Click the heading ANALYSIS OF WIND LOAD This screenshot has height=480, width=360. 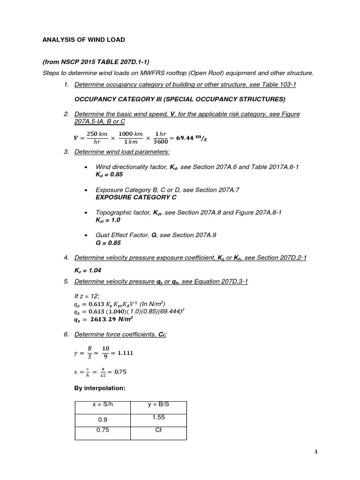84,40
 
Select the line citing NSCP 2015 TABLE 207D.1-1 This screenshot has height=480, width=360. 96,62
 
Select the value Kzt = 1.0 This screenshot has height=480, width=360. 108,220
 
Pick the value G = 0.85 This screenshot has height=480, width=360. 108,243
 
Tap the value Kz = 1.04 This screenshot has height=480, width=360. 88,270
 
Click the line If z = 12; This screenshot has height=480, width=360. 88,295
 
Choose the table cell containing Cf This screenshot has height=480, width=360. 158,430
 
